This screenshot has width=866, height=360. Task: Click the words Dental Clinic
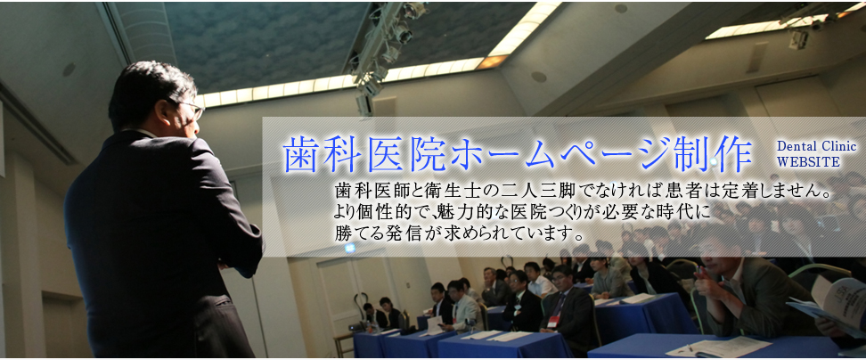pyautogui.click(x=816, y=146)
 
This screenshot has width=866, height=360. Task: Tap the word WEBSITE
pyautogui.click(x=807, y=162)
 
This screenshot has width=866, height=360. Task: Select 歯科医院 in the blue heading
pyautogui.click(x=364, y=153)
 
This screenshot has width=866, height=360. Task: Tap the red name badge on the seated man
pyautogui.click(x=553, y=320)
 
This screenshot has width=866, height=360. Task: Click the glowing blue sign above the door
pyautogui.click(x=349, y=249)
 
